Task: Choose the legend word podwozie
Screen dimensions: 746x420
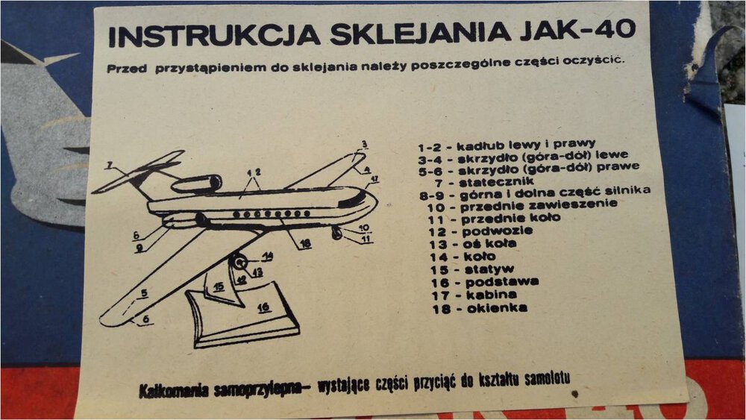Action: (x=497, y=232)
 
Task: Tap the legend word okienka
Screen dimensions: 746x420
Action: (x=497, y=308)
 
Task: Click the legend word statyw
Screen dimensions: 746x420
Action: (x=489, y=269)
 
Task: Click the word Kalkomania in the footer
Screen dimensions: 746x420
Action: (x=173, y=390)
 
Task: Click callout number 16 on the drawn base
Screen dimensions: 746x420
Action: (x=263, y=307)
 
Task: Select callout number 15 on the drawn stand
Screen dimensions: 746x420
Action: (x=219, y=286)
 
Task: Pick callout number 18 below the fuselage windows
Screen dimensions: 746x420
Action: (x=305, y=243)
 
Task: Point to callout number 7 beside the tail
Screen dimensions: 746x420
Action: (x=110, y=165)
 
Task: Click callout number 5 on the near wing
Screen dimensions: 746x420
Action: (x=144, y=293)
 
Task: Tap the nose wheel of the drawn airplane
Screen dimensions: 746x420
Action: (x=337, y=233)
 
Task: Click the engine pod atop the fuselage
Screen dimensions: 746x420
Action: (x=196, y=184)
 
